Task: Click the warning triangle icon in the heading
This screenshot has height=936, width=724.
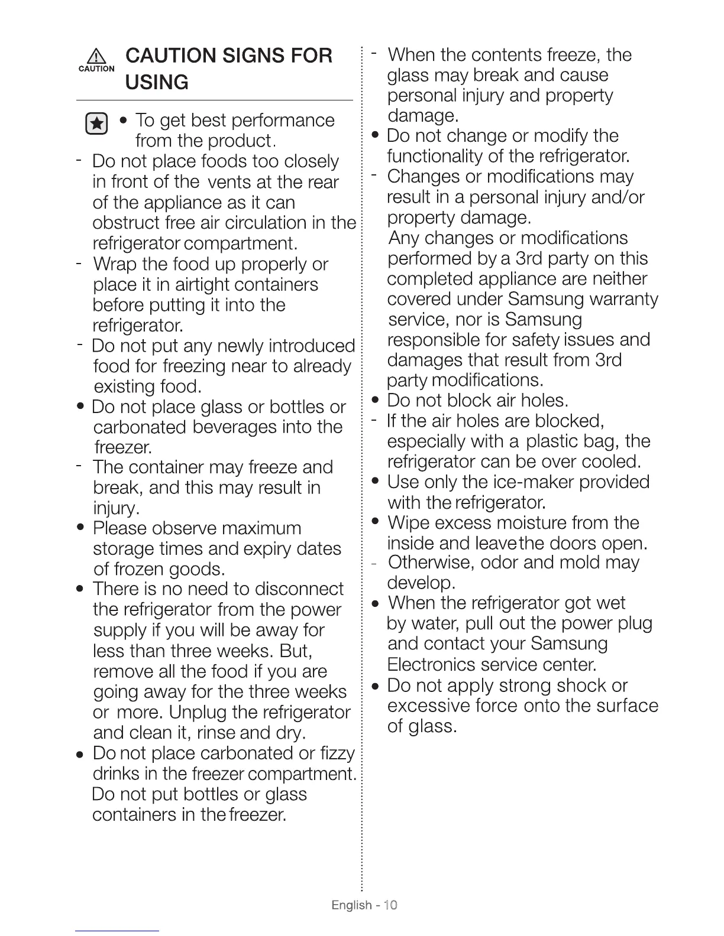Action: click(96, 57)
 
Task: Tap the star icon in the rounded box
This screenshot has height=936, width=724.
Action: click(97, 124)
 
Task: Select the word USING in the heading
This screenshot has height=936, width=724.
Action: click(157, 82)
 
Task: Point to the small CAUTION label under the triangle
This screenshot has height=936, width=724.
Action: click(96, 69)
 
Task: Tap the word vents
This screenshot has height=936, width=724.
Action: click(232, 182)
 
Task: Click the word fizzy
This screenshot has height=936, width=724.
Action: click(337, 753)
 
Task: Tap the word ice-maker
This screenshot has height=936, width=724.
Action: click(531, 482)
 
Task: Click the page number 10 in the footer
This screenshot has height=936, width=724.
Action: click(390, 905)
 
